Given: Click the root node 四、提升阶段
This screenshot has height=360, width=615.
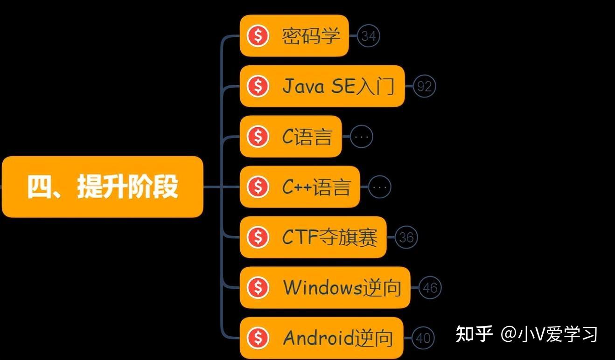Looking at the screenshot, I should pyautogui.click(x=103, y=187).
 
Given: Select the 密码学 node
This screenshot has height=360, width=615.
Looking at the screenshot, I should pyautogui.click(x=310, y=36).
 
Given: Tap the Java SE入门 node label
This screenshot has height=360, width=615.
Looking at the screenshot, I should pyautogui.click(x=338, y=86).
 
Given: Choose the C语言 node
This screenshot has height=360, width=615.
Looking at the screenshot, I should pyautogui.click(x=307, y=137).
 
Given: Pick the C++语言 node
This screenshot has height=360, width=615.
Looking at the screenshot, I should pyautogui.click(x=316, y=187).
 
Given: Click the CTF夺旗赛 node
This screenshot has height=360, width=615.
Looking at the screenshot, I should pyautogui.click(x=329, y=237).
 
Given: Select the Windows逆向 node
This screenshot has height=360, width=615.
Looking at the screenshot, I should pyautogui.click(x=342, y=288).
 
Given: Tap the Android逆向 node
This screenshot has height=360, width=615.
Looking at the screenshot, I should pyautogui.click(x=338, y=338).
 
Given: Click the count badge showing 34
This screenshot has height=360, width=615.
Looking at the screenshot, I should pyautogui.click(x=369, y=36).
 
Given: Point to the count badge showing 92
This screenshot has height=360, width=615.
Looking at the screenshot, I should pyautogui.click(x=424, y=86).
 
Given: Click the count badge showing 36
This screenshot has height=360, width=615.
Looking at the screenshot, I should pyautogui.click(x=406, y=237).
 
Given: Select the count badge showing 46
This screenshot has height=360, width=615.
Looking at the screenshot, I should pyautogui.click(x=430, y=288).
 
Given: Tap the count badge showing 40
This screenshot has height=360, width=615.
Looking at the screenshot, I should pyautogui.click(x=423, y=338).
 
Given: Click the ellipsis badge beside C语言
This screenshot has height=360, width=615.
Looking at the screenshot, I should pyautogui.click(x=362, y=137).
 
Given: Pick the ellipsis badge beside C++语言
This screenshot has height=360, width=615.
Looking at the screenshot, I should pyautogui.click(x=380, y=187).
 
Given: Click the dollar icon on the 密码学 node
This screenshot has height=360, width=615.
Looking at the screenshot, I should pyautogui.click(x=258, y=36).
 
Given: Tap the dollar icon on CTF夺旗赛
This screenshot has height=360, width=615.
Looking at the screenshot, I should pyautogui.click(x=258, y=237).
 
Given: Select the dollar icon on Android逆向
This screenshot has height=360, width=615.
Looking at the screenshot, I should pyautogui.click(x=258, y=338).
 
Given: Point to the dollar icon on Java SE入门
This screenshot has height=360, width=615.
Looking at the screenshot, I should pyautogui.click(x=258, y=86).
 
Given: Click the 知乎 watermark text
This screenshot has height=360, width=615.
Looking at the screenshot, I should pyautogui.click(x=474, y=334).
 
